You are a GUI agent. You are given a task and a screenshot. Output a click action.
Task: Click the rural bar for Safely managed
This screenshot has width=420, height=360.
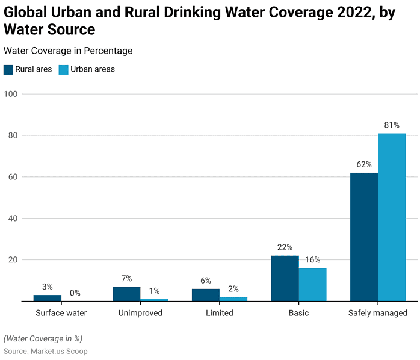(364, 237)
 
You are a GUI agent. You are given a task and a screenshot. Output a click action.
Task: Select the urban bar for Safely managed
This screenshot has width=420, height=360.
(392, 217)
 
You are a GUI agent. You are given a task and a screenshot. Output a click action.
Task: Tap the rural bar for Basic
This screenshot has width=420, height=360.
(285, 278)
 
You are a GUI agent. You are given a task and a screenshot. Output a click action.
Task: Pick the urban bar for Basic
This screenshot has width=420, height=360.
(312, 284)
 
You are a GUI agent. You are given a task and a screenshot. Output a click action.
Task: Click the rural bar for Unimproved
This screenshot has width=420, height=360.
(126, 294)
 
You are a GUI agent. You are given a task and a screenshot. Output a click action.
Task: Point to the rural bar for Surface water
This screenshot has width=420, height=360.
(48, 297)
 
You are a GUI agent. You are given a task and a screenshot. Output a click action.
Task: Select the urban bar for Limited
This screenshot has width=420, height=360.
(233, 299)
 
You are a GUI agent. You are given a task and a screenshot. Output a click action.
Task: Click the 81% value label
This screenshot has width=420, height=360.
(392, 125)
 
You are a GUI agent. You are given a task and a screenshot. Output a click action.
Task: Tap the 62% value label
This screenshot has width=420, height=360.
(364, 164)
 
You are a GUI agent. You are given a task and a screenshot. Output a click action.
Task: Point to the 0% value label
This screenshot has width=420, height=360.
(75, 293)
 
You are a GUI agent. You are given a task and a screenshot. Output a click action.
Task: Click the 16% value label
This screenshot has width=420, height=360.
(312, 260)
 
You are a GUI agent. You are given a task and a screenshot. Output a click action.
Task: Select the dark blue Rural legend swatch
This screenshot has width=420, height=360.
(8, 69)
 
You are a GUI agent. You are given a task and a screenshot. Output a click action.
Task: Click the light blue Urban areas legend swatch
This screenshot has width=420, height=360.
(63, 69)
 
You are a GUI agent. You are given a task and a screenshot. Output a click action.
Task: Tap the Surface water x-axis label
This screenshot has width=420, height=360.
(61, 313)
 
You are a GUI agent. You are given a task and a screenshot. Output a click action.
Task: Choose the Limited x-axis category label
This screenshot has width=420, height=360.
(219, 313)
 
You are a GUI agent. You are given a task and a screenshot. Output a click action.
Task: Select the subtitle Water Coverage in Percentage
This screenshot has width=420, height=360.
(68, 51)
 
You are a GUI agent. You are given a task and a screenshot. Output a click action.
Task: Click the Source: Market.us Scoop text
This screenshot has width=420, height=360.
(46, 351)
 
